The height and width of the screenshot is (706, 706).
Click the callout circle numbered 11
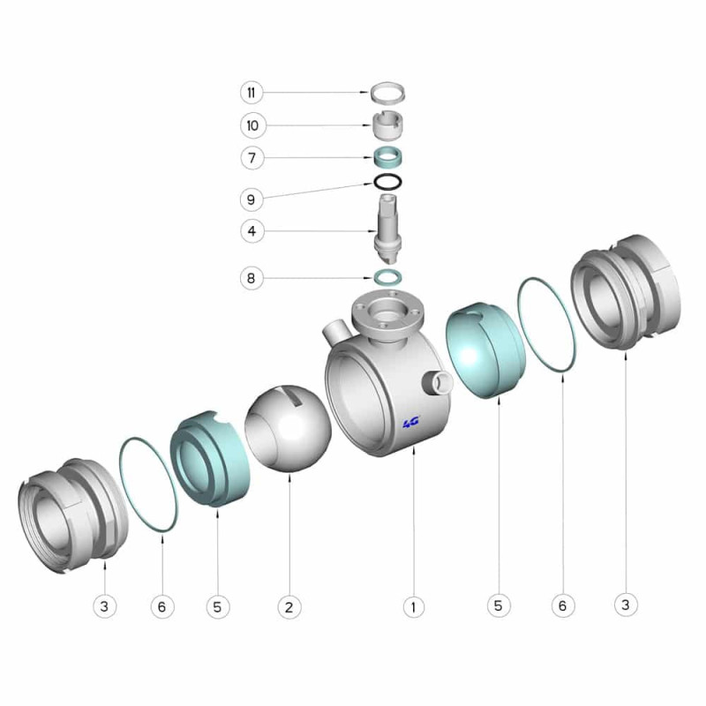click(x=252, y=93)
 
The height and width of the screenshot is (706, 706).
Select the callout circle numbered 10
click(x=252, y=125)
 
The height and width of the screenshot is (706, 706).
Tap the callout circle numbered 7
click(x=252, y=158)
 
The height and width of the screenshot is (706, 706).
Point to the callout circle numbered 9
click(x=252, y=199)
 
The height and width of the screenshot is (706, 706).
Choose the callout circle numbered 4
click(x=252, y=231)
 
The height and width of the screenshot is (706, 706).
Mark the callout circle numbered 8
click(x=252, y=278)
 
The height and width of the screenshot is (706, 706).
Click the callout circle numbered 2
click(x=289, y=607)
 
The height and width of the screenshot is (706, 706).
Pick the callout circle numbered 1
click(x=413, y=607)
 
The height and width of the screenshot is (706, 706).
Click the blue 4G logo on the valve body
click(x=410, y=422)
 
